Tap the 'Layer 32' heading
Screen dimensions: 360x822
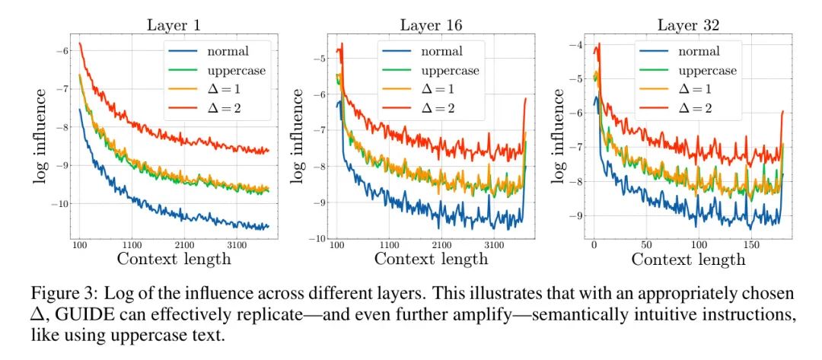click(x=690, y=24)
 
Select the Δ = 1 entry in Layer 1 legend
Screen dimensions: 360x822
click(x=218, y=90)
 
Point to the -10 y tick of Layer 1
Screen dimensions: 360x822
click(x=60, y=203)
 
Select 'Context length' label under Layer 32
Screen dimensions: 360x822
click(x=688, y=260)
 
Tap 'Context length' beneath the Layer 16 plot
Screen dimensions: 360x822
click(x=432, y=260)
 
